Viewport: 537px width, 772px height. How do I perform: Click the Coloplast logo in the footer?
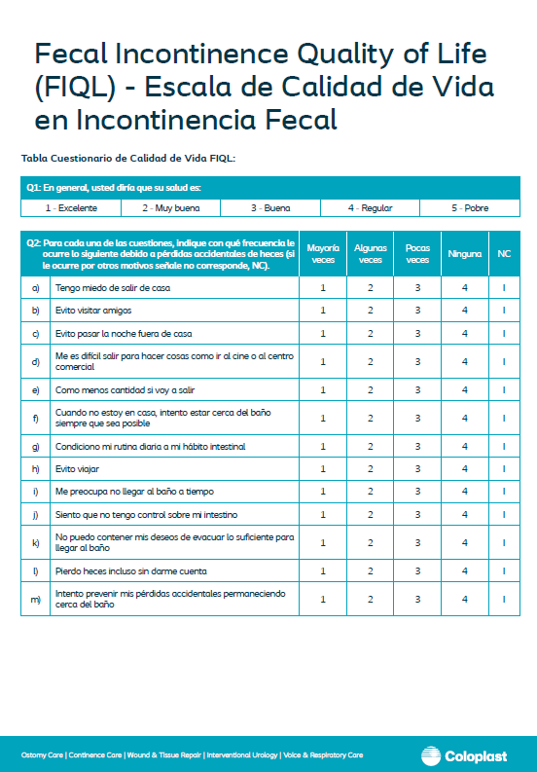pyautogui.click(x=466, y=755)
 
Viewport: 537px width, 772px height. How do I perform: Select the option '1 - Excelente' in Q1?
pyautogui.click(x=70, y=208)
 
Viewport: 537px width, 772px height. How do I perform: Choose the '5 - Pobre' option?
pyautogui.click(x=470, y=208)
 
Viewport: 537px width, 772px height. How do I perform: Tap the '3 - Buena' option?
pyautogui.click(x=270, y=208)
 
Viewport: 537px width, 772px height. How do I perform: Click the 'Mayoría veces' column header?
pyautogui.click(x=323, y=254)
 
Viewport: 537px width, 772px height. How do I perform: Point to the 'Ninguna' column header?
pyautogui.click(x=465, y=254)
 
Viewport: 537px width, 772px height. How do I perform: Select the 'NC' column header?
pyautogui.click(x=504, y=254)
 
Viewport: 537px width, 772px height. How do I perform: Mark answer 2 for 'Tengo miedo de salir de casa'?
pyautogui.click(x=371, y=287)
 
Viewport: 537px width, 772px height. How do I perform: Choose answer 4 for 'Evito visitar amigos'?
pyautogui.click(x=465, y=311)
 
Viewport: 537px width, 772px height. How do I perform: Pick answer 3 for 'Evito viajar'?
pyautogui.click(x=417, y=468)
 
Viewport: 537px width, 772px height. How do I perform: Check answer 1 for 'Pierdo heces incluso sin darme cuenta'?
pyautogui.click(x=323, y=570)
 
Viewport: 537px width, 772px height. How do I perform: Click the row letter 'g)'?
pyautogui.click(x=36, y=446)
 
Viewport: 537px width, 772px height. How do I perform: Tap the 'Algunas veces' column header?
pyautogui.click(x=370, y=254)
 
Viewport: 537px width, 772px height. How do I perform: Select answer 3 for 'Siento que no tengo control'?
pyautogui.click(x=417, y=514)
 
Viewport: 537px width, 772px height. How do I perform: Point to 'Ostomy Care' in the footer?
pyautogui.click(x=43, y=755)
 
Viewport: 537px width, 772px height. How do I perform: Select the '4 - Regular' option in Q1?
pyautogui.click(x=371, y=208)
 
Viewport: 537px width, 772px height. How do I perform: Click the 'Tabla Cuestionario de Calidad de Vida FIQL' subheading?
pyautogui.click(x=127, y=158)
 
